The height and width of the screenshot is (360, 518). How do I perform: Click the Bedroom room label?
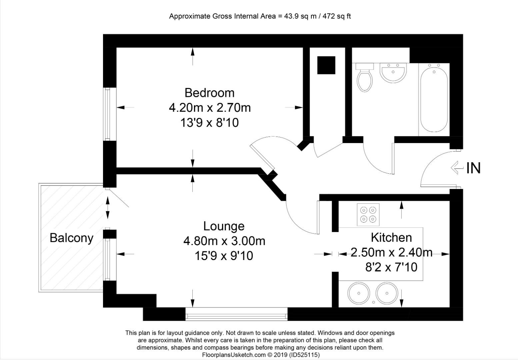point(209,93)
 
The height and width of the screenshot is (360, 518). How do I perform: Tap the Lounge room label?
point(224,226)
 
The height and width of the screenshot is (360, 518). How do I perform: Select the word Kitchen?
point(391,237)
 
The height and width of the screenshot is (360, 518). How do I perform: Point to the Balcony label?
point(71,238)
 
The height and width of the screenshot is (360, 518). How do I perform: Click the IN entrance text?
point(473,168)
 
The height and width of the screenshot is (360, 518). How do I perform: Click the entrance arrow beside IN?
point(457,168)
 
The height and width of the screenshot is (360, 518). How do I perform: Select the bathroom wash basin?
point(393,73)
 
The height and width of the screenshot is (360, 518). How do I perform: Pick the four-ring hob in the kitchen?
point(368,214)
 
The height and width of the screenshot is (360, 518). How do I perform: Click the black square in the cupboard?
point(326,65)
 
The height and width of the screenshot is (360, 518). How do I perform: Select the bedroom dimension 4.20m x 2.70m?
point(210,108)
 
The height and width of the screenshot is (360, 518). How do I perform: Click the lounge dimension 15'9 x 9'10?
point(224,256)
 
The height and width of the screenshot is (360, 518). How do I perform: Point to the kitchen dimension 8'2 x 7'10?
point(391,267)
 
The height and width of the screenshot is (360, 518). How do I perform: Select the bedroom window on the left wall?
point(107,114)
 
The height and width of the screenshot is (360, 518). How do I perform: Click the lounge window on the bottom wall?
point(236,314)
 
